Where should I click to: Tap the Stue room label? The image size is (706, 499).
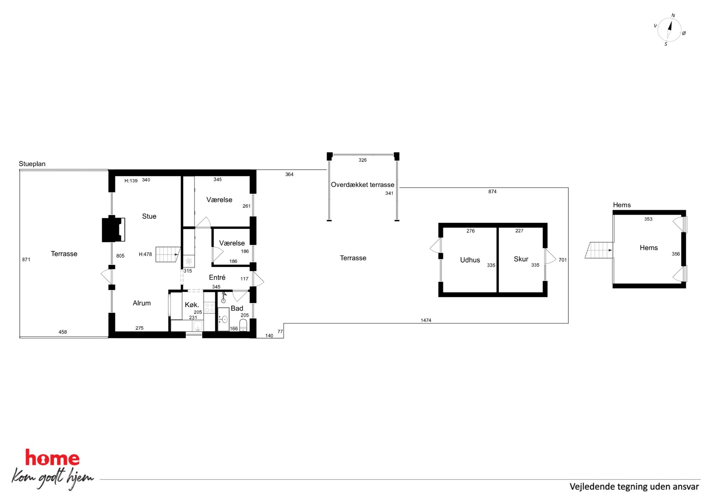[149, 216]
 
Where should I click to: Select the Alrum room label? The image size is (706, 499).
[142, 303]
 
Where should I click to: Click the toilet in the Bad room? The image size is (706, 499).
[243, 325]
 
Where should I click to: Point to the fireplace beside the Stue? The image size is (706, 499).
[113, 229]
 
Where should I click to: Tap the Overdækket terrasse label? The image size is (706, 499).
[363, 185]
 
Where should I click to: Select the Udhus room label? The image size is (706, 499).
[470, 260]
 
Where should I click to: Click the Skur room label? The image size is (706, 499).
[521, 259]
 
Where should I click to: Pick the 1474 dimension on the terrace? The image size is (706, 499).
[426, 320]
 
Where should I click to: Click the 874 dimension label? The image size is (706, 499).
[492, 191]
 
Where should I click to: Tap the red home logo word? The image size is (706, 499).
[52, 458]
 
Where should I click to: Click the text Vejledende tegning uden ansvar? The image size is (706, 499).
[634, 487]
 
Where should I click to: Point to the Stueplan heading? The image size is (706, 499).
[32, 164]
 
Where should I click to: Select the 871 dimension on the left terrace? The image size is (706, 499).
[26, 260]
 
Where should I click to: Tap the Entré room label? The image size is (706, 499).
[217, 277]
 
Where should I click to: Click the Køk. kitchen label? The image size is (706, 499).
[192, 305]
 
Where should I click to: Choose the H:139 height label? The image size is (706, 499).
[131, 181]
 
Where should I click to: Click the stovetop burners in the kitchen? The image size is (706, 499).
[210, 308]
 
